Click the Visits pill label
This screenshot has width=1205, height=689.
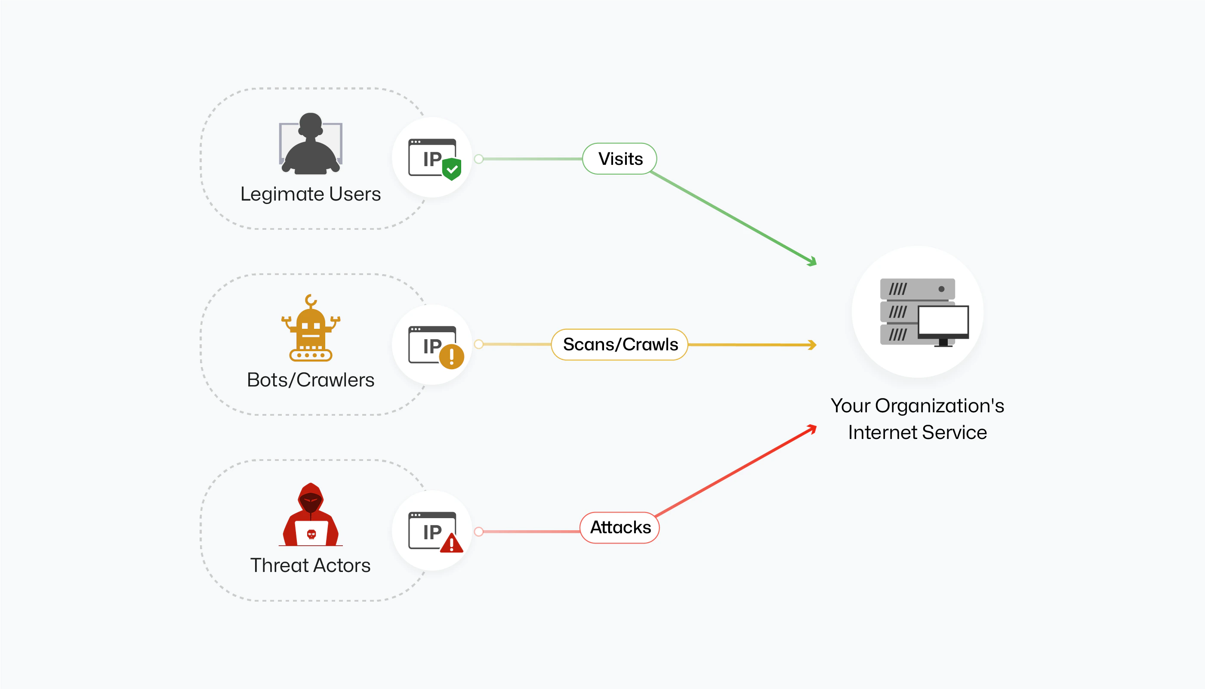tap(619, 159)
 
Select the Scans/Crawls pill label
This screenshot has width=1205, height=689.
tap(619, 344)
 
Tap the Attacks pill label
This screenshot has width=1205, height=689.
tap(619, 528)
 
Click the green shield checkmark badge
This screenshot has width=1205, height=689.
tap(452, 168)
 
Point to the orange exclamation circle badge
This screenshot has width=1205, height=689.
tap(452, 356)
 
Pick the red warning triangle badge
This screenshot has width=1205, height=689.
tap(452, 543)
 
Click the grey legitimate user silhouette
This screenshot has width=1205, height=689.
tap(311, 144)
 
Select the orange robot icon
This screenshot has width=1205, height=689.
tap(311, 329)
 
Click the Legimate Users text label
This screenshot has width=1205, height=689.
tap(311, 194)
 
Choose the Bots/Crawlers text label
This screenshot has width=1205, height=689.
tap(311, 380)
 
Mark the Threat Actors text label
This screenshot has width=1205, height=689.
tap(311, 565)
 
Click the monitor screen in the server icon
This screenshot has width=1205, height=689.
tap(943, 320)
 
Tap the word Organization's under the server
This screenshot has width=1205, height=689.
tap(939, 406)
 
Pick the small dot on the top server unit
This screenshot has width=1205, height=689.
tap(941, 289)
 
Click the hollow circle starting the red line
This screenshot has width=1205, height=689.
tap(478, 531)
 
